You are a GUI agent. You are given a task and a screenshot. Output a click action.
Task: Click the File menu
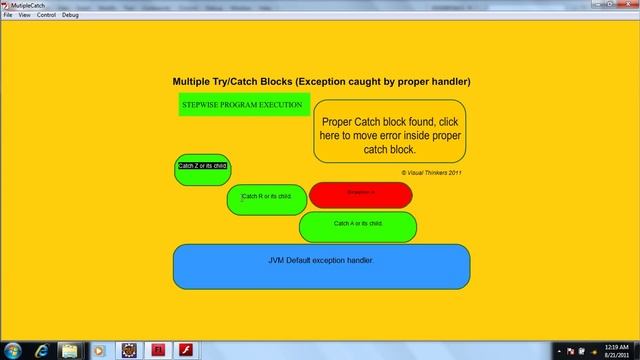(x=8, y=15)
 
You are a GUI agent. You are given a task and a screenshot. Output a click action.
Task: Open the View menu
(x=24, y=15)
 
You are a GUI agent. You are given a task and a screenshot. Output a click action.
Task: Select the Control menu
(x=46, y=15)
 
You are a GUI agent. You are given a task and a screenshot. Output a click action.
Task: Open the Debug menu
(x=70, y=15)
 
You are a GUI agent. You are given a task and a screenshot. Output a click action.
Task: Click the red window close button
(x=626, y=5)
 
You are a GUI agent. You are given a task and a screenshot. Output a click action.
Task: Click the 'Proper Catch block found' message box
(x=389, y=131)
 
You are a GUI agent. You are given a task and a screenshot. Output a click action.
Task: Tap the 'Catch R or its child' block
(x=267, y=199)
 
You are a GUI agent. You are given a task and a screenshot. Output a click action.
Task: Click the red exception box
(x=360, y=194)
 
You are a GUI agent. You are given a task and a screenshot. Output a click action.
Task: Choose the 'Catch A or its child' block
(x=358, y=226)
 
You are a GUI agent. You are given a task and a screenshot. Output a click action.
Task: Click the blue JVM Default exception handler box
(x=321, y=264)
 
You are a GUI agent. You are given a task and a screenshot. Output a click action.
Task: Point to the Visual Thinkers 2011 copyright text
(x=431, y=172)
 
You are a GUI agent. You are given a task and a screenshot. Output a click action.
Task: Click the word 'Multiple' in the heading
(x=198, y=81)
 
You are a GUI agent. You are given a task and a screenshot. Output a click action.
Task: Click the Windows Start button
(x=12, y=350)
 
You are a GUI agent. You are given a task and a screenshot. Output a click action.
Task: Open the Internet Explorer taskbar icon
(x=41, y=350)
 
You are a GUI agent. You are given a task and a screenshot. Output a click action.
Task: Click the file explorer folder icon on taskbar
(x=70, y=350)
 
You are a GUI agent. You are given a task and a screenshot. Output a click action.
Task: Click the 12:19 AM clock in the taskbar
(x=617, y=346)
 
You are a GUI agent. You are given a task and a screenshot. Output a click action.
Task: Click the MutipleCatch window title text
(x=29, y=5)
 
